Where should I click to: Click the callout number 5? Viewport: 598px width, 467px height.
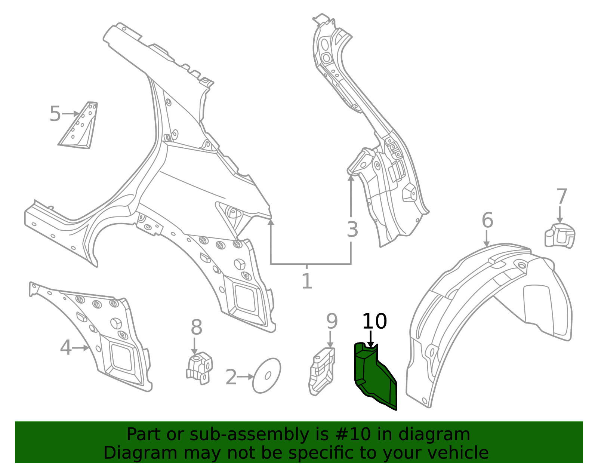coord(55,114)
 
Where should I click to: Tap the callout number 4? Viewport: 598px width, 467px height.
coord(66,348)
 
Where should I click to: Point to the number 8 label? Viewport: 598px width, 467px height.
coord(197,328)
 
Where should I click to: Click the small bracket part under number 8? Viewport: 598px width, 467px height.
coord(200,368)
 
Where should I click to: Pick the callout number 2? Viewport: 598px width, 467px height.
coord(231,377)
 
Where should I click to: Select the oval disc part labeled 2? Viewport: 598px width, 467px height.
coord(266,376)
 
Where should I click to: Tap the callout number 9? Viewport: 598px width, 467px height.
coord(332,321)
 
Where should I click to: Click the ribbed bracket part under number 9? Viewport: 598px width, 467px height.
coord(322,372)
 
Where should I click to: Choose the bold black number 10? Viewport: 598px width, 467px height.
coord(374,321)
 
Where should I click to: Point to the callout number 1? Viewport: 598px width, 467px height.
coord(307,281)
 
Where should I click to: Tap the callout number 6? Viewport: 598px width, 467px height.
coord(487,220)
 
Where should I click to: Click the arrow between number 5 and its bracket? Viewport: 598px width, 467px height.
coord(71,114)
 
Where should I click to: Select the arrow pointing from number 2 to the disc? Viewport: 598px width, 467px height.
coord(245,377)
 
